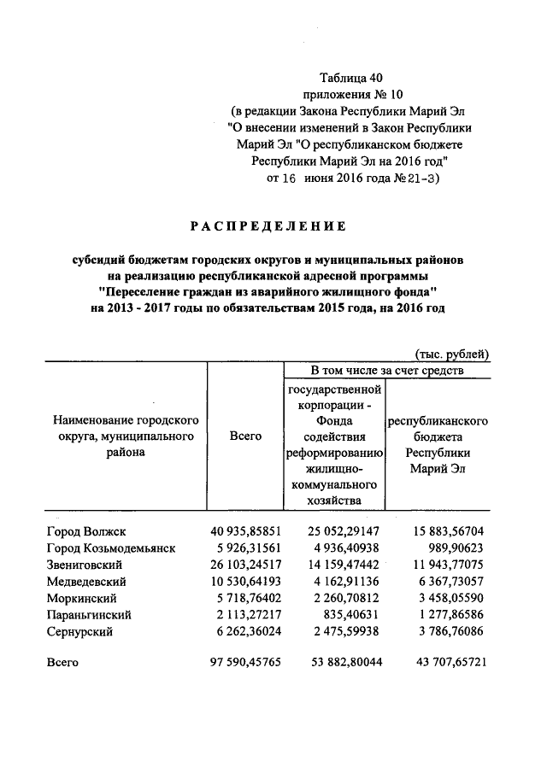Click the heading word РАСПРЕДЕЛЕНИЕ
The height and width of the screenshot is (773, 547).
click(x=268, y=226)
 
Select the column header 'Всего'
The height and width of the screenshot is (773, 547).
click(x=246, y=436)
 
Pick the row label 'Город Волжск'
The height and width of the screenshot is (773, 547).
click(x=86, y=531)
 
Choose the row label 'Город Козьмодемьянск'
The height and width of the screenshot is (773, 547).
click(x=111, y=548)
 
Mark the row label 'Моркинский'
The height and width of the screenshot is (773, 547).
click(x=81, y=598)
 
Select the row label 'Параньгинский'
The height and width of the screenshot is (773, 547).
click(x=88, y=615)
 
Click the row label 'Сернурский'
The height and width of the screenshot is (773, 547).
click(x=79, y=632)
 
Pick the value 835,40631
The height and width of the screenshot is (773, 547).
click(x=356, y=615)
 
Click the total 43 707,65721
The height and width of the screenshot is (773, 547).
click(x=445, y=662)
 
